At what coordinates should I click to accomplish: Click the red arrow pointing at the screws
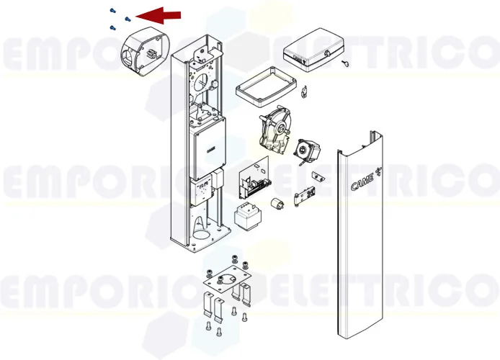coord(159,14)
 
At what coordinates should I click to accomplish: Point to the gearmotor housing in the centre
coord(273,130)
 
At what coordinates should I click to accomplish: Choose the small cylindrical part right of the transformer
coord(274,204)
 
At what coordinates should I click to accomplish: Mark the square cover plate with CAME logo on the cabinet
coord(208,148)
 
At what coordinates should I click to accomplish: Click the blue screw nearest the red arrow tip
coord(128,19)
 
